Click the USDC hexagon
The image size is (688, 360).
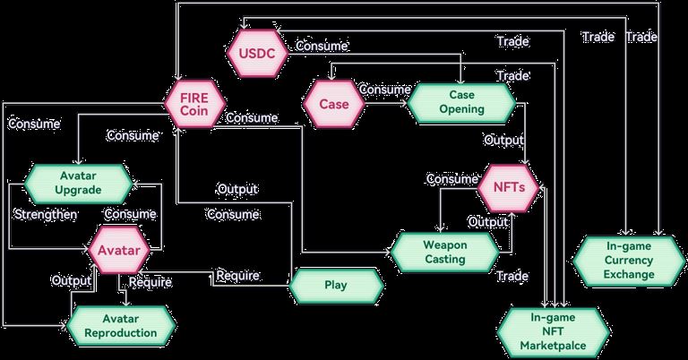point(256,55)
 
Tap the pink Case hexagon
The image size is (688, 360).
point(333,103)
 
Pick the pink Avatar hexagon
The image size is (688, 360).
point(118,250)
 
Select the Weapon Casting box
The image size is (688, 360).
point(443,252)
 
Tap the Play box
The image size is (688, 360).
point(335,286)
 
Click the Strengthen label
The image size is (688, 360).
point(45,215)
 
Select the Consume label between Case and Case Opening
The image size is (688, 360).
point(385,90)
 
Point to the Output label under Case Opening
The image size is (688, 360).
point(504,141)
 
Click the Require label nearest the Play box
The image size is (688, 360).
point(237,274)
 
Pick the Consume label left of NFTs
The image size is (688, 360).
point(451,179)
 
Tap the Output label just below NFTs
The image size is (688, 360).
point(488,221)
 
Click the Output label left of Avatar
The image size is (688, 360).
point(71,280)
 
